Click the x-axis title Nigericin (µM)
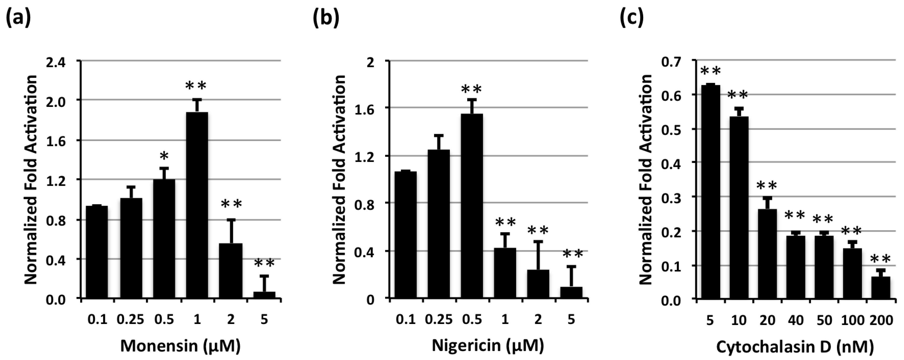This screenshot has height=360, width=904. pos(487,346)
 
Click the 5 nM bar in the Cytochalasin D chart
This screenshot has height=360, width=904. pos(710,191)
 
